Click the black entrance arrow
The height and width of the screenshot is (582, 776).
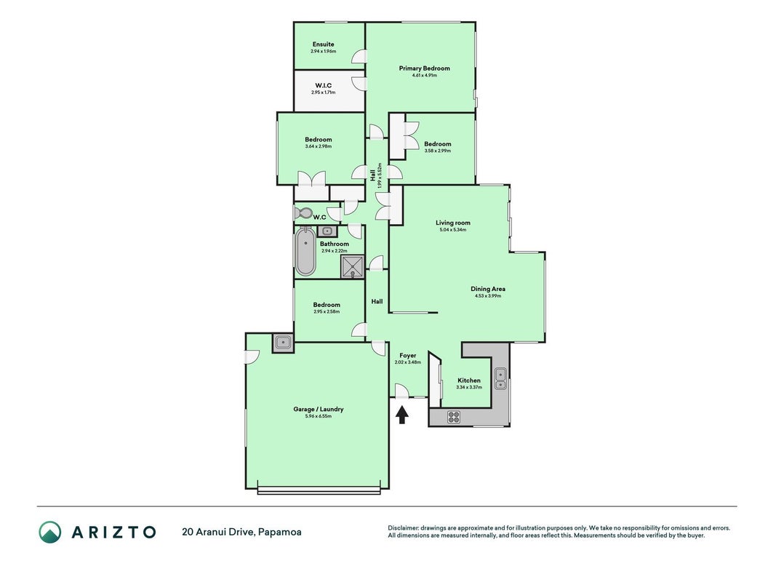pos(402,415)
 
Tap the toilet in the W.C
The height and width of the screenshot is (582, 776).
pos(303,213)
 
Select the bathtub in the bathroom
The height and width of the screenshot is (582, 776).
pos(305,252)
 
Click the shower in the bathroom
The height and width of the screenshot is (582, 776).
pos(353,266)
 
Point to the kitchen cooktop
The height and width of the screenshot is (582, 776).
pos(454,417)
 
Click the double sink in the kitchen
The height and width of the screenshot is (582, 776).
pos(500,378)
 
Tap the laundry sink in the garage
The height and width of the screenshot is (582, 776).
pos(283,342)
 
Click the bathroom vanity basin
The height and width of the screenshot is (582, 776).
pos(327,231)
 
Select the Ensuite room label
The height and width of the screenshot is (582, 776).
pos(323,44)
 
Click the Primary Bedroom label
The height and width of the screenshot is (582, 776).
pos(425,68)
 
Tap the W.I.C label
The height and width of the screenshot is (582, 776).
pos(323,86)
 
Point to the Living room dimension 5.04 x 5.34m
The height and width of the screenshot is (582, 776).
pos(453,230)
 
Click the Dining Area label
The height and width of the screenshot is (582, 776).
pos(488,289)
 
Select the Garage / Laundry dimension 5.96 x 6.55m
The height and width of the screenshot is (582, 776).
pos(319,416)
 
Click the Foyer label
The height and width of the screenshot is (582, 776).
pos(408,355)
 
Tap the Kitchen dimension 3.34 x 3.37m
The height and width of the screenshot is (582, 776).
pos(468,387)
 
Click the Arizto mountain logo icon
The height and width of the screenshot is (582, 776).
pos(50,532)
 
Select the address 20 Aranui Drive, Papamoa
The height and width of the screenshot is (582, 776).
pos(241,532)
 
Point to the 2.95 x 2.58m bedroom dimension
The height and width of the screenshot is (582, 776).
pos(327,312)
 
